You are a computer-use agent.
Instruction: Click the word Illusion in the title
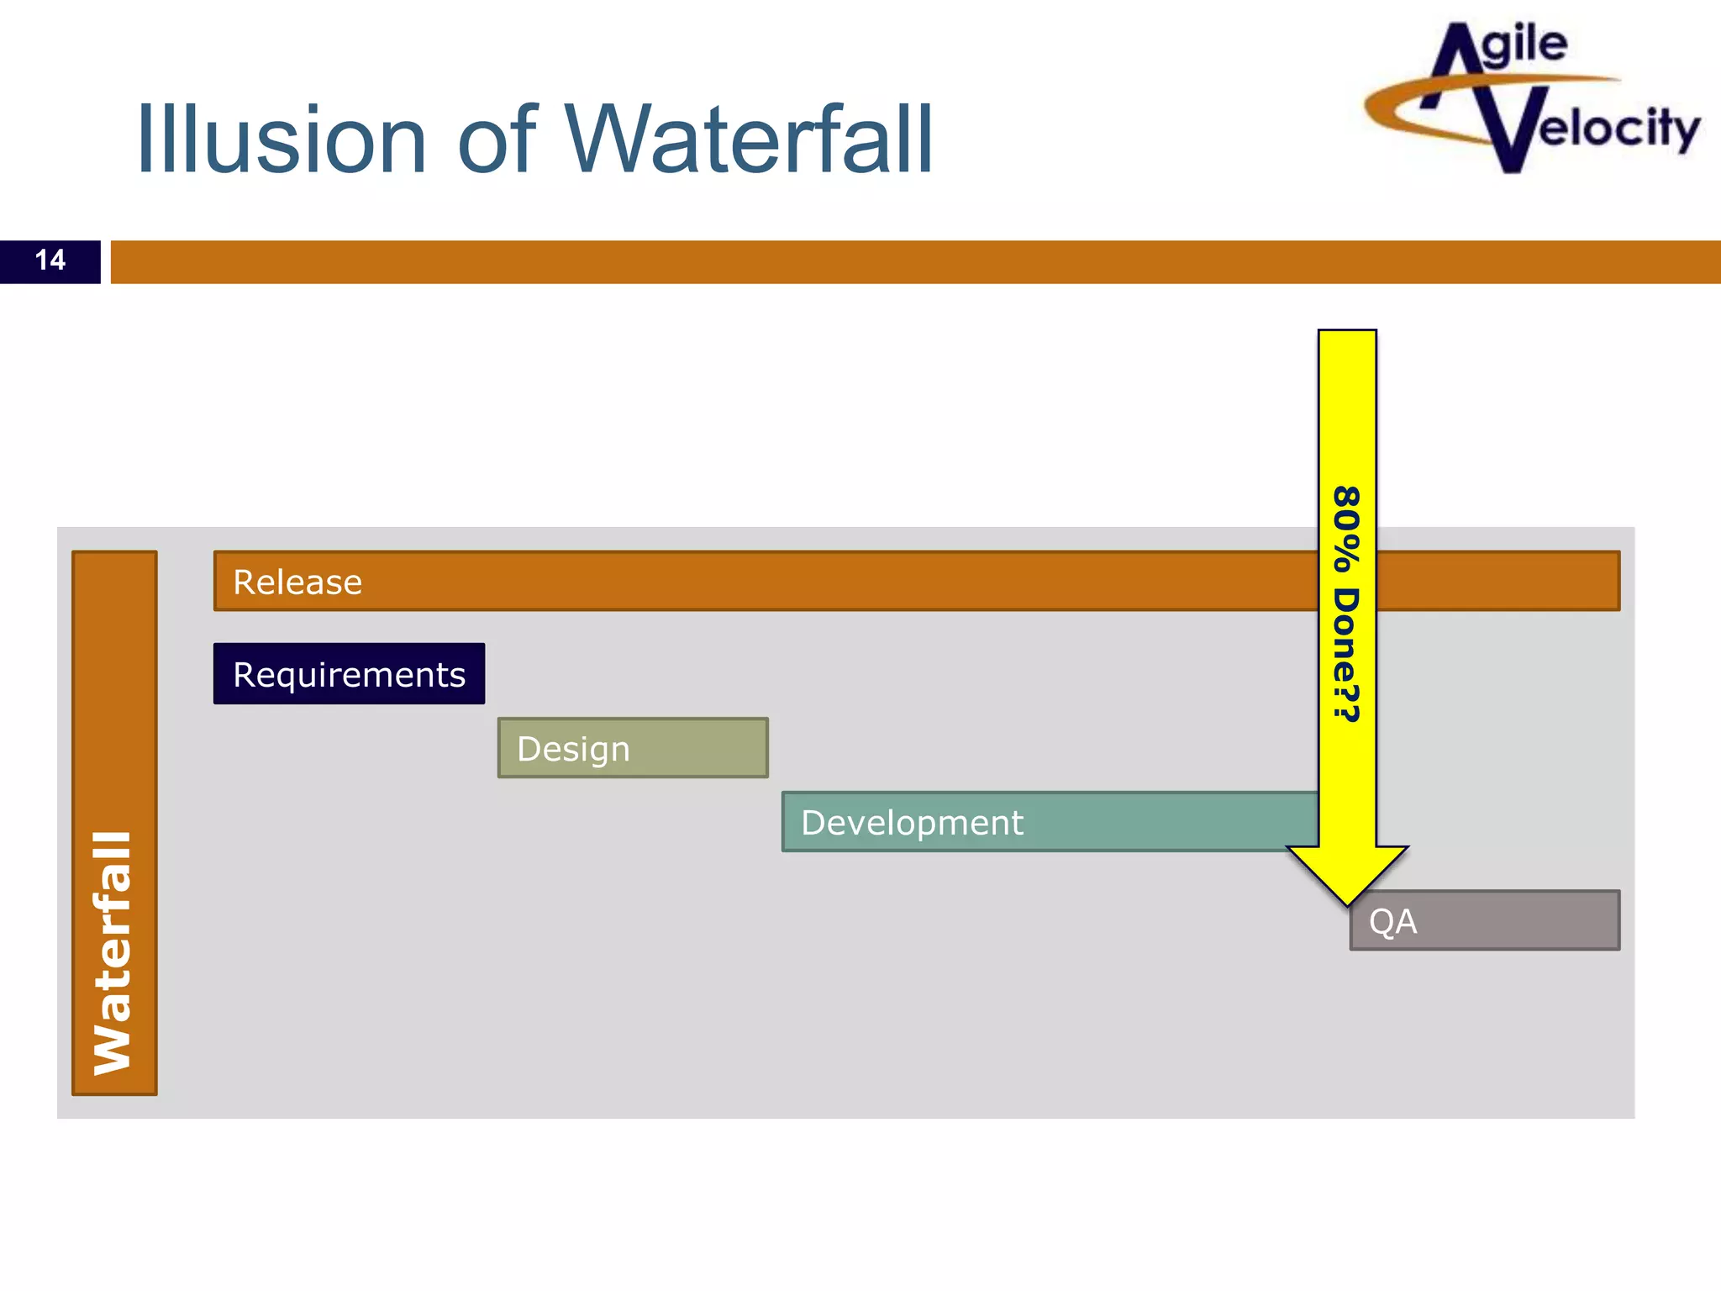point(282,140)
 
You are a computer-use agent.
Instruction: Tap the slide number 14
point(50,261)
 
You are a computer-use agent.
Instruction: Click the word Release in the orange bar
point(297,582)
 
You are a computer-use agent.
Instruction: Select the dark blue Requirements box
point(349,674)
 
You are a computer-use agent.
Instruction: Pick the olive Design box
point(633,748)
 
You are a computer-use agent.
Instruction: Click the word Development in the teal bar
point(912,823)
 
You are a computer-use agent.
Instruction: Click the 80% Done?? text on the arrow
point(1347,603)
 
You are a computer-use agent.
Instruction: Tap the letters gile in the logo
point(1524,46)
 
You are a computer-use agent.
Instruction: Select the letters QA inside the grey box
point(1392,922)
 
